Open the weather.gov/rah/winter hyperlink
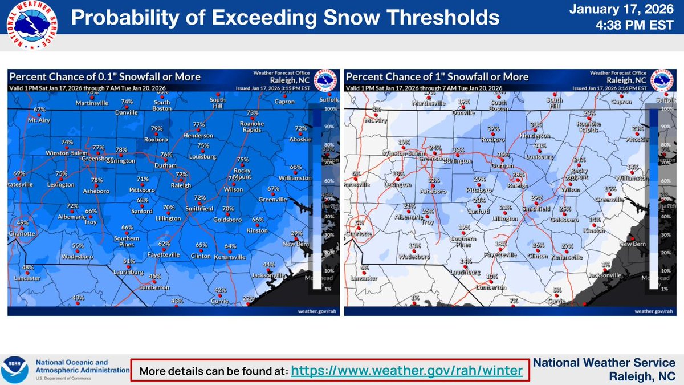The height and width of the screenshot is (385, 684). coord(406,371)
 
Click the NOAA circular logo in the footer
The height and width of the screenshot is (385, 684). coord(16,370)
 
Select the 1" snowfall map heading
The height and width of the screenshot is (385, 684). coord(437,77)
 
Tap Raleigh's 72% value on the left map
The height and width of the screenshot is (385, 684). coord(181,174)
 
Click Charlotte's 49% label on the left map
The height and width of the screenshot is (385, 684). coord(22,223)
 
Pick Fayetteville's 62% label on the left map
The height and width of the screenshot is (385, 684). coord(164,244)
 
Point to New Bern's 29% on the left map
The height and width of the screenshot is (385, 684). coord(296,233)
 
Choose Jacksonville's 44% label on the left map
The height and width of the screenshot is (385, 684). coord(269,265)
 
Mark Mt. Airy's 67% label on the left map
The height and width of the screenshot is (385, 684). coord(39,109)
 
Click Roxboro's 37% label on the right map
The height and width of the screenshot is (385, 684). coord(494,128)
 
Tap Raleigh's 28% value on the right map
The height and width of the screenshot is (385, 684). coord(518,174)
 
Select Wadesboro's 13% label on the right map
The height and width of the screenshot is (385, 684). coord(414,246)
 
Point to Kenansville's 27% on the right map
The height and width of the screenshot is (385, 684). coord(567,246)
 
